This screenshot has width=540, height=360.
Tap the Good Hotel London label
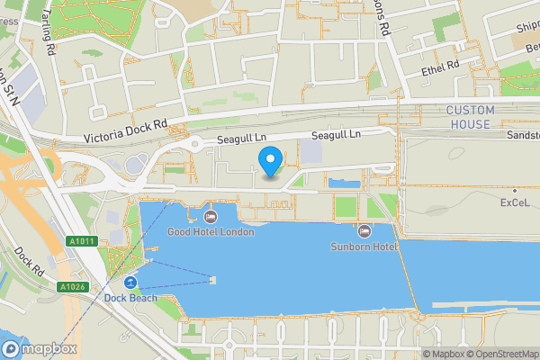tap(211, 231)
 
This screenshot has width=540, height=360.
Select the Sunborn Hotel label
tap(364, 246)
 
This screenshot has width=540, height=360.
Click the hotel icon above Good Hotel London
tap(211, 217)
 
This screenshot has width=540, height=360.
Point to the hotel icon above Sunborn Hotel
tap(364, 231)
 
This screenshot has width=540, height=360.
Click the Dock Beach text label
tap(130, 298)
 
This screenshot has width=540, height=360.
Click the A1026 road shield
tap(72, 287)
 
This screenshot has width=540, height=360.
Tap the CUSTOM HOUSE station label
tap(469, 117)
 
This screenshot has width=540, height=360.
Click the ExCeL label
tap(516, 203)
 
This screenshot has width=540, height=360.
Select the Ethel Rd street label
tap(440, 67)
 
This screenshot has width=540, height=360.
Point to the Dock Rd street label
tap(30, 261)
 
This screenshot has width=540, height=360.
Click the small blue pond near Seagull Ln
tap(343, 184)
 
